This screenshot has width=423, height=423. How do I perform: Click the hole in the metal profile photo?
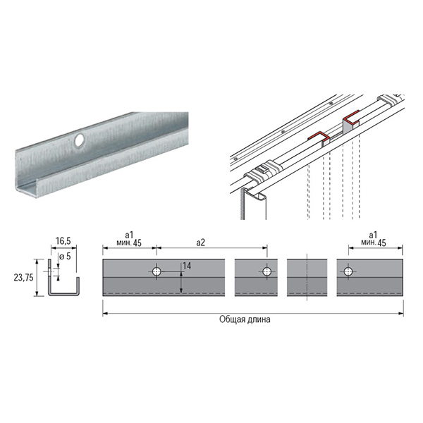(x=79, y=140)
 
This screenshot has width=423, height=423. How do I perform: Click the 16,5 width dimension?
(x=63, y=241)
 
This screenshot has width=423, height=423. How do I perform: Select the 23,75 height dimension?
(x=24, y=277)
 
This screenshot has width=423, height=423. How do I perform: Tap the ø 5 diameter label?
(x=65, y=256)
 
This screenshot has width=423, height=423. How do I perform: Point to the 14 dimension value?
(x=187, y=266)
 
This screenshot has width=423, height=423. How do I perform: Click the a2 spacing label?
(x=200, y=243)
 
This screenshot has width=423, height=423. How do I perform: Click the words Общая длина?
(x=245, y=319)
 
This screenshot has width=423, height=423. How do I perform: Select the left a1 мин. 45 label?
(x=129, y=239)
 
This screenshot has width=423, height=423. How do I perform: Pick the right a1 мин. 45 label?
(x=374, y=239)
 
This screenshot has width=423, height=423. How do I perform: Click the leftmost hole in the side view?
(x=157, y=271)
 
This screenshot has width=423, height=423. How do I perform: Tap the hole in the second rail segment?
(x=266, y=271)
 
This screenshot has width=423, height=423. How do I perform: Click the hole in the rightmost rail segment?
(x=348, y=271)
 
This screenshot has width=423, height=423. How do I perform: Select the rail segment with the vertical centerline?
(x=307, y=278)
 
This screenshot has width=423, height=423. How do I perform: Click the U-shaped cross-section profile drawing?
(x=64, y=278)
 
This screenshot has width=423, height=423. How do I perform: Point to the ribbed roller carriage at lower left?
(x=264, y=171)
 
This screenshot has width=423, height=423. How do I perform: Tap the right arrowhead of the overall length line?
(x=401, y=314)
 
